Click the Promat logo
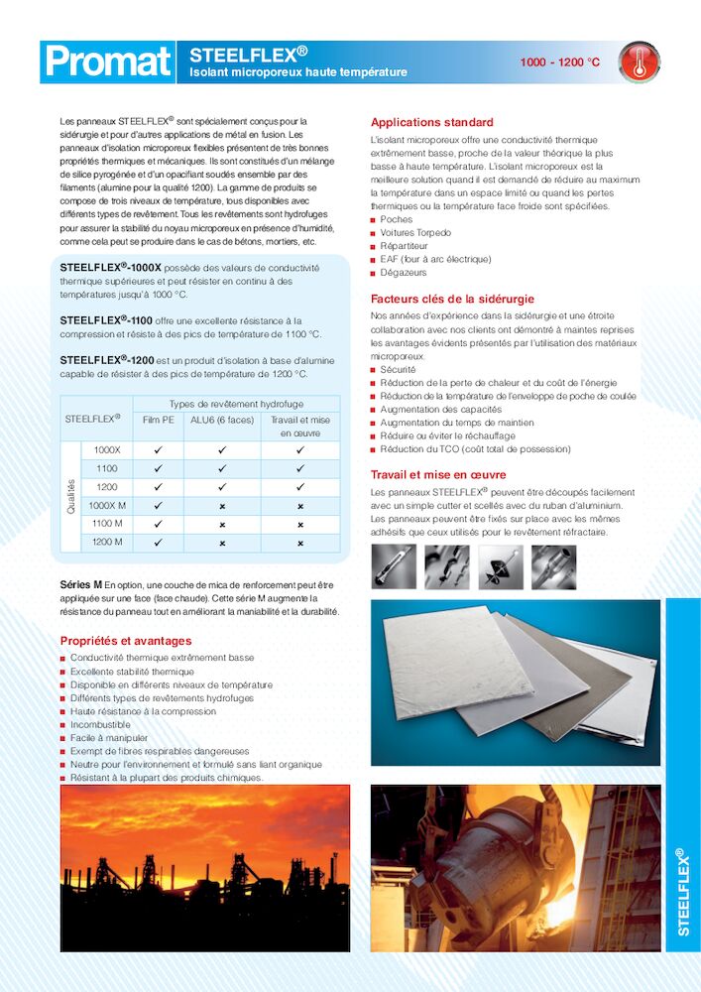108,62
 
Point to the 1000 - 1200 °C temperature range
560,62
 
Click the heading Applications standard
431,122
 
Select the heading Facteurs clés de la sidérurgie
452,299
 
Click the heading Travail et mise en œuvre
438,474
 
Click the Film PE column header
158,420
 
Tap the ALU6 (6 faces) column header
222,420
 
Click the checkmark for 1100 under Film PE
158,468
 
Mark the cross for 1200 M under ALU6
222,543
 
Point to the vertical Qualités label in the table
70,496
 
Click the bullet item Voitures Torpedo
415,233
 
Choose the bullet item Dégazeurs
404,272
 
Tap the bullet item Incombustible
100,725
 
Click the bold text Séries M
81,585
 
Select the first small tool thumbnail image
394,566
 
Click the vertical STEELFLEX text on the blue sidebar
682,893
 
